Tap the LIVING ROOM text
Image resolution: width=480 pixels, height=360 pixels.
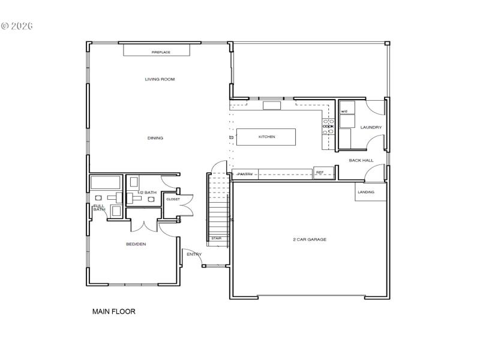coord(160,79)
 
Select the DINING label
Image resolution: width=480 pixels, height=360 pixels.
coord(155,138)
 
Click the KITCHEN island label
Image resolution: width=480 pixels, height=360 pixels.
coord(267,137)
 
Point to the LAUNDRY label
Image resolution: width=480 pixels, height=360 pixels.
coord(371,127)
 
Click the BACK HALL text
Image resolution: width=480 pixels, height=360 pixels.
coord(361,160)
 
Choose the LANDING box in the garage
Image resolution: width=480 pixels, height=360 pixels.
coord(367,192)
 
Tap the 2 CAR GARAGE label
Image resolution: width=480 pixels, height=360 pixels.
coord(310,239)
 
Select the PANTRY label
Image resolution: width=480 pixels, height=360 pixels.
coord(245,174)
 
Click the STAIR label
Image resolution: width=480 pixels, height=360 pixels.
coord(216,238)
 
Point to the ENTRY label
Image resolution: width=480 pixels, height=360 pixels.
coord(194,254)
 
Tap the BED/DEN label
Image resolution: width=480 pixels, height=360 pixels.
coord(136,244)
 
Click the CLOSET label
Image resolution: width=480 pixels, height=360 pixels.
coord(173,199)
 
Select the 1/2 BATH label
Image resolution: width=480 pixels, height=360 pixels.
coord(146,192)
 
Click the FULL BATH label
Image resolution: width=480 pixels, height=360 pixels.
coord(99,208)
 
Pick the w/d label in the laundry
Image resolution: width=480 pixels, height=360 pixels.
coord(344,112)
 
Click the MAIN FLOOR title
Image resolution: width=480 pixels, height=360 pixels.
coord(113,311)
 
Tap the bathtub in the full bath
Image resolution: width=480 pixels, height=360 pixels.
coord(106,182)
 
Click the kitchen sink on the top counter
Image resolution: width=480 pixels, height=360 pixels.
coord(272,106)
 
